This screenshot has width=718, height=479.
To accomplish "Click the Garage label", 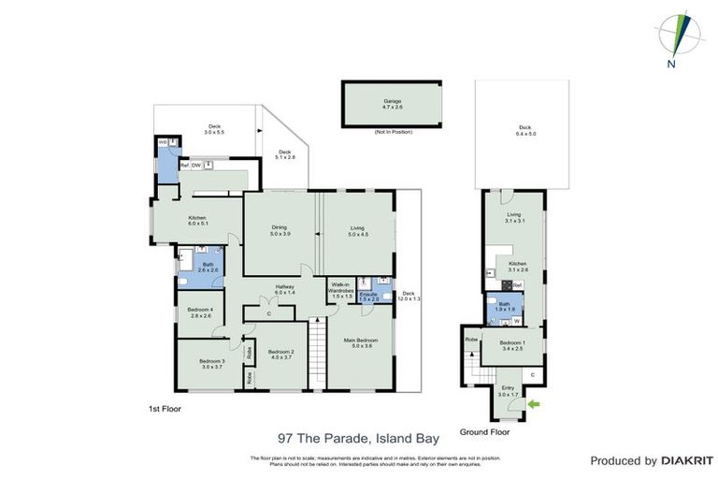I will point(392,102).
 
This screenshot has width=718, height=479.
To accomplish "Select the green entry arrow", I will point(534,404).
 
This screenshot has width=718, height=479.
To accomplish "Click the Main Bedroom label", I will point(359,342).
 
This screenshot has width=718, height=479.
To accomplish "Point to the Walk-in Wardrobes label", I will point(340,290).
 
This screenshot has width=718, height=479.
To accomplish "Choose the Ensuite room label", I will point(368,297).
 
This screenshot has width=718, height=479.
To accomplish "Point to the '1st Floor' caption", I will point(165,410).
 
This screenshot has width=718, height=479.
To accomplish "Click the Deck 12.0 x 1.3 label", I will point(407,297).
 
